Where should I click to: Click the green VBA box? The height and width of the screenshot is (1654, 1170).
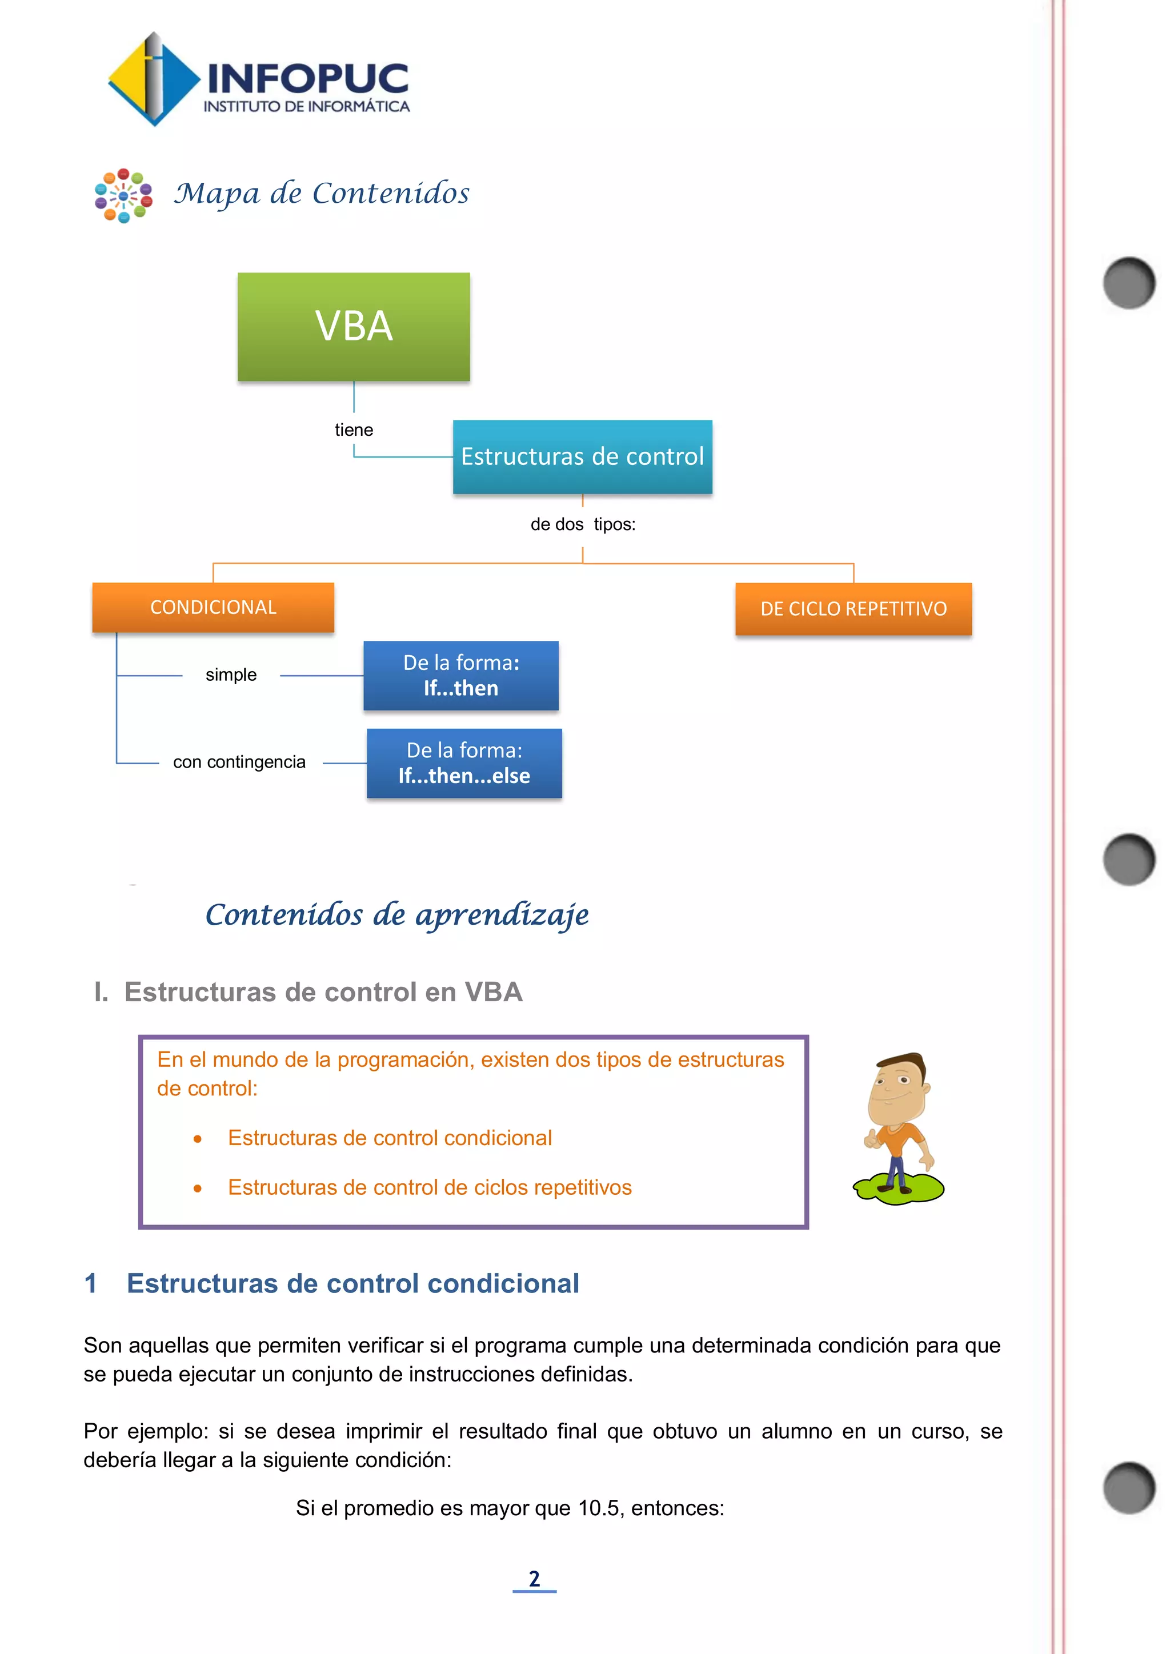pos(354,326)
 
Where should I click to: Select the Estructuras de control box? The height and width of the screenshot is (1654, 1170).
pos(582,457)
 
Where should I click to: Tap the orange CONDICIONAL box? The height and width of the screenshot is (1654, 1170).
pos(213,607)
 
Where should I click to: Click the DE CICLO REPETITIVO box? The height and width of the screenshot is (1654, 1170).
pos(853,609)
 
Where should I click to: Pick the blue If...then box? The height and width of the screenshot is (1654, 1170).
pos(461,676)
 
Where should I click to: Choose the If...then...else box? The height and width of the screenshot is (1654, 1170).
pos(464,763)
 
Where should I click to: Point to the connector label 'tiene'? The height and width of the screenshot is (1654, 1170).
pos(354,430)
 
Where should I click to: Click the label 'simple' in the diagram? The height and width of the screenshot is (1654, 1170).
pos(231,675)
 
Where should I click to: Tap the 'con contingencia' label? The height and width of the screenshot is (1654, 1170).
pos(239,762)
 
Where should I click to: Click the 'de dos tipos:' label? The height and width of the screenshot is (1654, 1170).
pos(583,524)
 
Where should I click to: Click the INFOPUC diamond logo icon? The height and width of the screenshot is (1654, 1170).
pos(153,79)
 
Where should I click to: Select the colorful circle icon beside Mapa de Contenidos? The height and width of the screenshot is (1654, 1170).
pos(123,195)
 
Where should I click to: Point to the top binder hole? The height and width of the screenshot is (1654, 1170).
pos(1128,282)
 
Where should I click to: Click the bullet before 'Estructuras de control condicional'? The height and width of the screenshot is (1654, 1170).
pos(198,1139)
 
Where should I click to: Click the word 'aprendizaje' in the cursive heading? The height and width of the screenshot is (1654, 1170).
pos(502,916)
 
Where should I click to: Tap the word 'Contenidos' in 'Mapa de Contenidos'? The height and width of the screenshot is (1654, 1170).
pos(391,193)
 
